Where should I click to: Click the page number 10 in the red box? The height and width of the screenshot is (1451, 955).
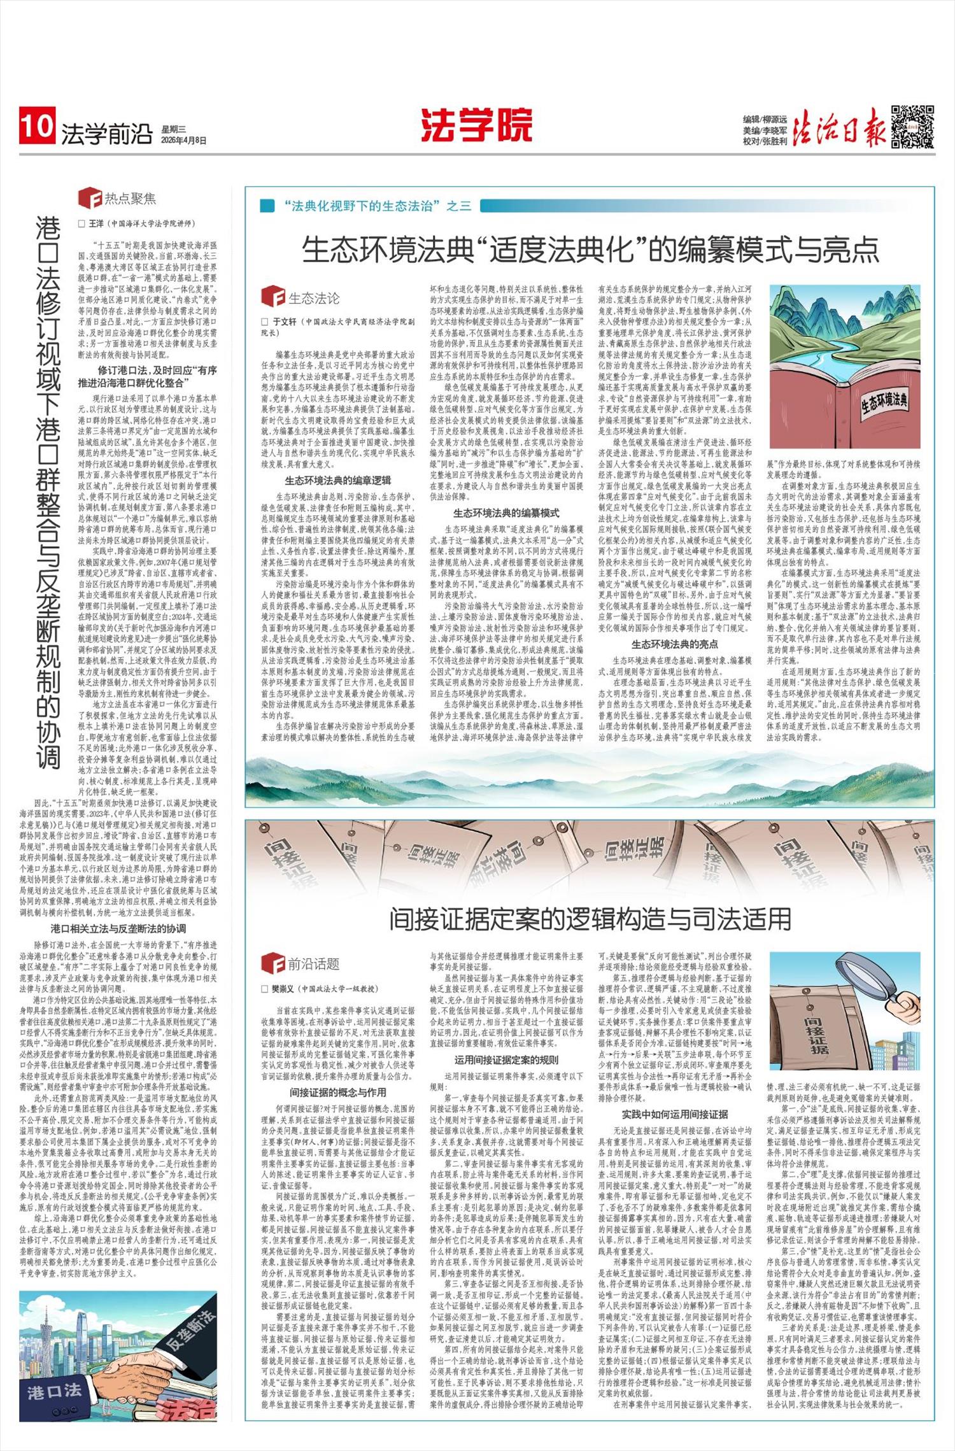pyautogui.click(x=37, y=126)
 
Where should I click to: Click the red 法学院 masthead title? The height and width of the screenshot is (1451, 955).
pyautogui.click(x=476, y=125)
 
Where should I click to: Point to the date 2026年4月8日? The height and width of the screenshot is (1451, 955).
pyautogui.click(x=183, y=140)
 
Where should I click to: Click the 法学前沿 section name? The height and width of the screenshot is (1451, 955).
pyautogui.click(x=106, y=134)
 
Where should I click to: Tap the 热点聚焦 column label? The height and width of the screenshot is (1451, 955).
pyautogui.click(x=130, y=199)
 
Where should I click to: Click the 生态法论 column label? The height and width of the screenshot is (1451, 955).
pyautogui.click(x=314, y=297)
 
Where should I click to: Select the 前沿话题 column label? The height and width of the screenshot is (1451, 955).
pyautogui.click(x=313, y=964)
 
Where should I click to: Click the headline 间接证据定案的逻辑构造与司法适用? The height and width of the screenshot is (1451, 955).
pyautogui.click(x=590, y=919)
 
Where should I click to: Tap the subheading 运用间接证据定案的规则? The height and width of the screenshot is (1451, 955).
pyautogui.click(x=506, y=1059)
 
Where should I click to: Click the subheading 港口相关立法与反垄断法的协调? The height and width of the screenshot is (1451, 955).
pyautogui.click(x=118, y=929)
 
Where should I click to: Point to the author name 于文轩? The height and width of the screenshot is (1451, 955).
pyautogui.click(x=285, y=322)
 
